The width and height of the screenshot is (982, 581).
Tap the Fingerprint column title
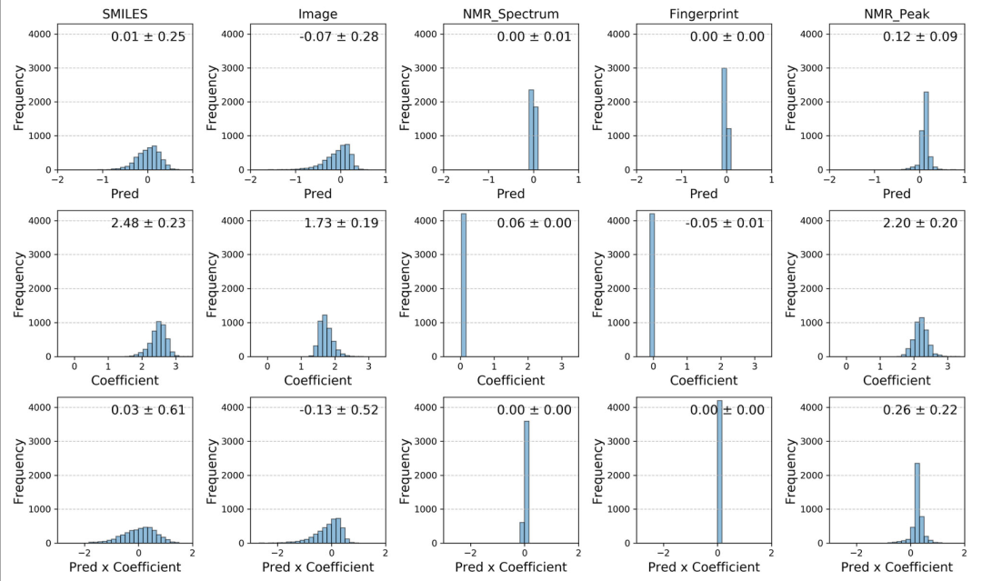703,14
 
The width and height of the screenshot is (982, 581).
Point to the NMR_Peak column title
897,14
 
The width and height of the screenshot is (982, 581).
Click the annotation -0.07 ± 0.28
340,36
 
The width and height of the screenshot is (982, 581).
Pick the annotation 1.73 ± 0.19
340,223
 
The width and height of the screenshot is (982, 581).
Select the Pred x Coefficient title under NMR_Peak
897,567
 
